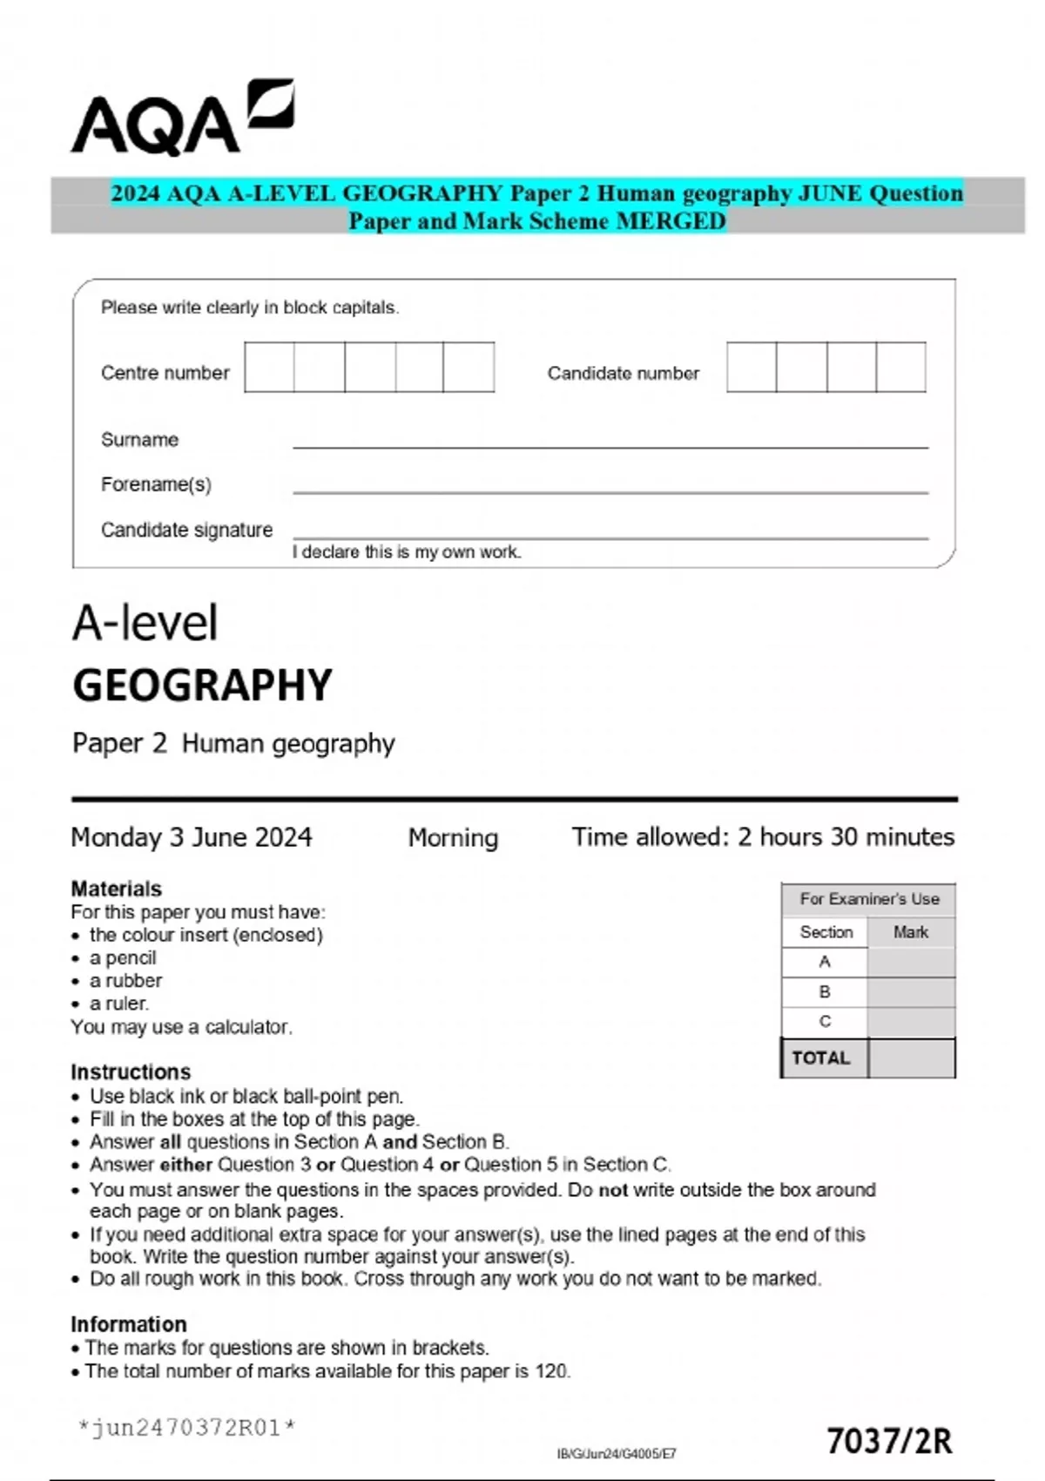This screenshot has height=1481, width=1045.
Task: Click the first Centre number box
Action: click(x=269, y=368)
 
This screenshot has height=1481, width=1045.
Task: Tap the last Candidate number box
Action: click(x=900, y=368)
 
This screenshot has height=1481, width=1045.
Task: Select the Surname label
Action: click(x=139, y=440)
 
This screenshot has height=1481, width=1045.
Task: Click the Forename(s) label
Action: click(x=156, y=484)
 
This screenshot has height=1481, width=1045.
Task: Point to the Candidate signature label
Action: click(x=186, y=530)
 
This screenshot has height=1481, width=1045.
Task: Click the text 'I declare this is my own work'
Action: click(x=407, y=552)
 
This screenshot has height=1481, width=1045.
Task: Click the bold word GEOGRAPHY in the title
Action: click(x=202, y=686)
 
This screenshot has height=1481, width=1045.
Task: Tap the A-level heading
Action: click(x=145, y=624)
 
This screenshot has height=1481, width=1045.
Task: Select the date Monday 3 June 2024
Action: click(x=191, y=837)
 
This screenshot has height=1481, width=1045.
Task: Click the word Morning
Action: click(x=453, y=838)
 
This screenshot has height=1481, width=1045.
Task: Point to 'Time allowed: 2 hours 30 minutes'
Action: click(x=763, y=837)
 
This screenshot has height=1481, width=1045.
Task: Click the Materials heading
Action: click(x=116, y=889)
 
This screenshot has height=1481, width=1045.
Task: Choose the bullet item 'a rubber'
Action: click(x=125, y=981)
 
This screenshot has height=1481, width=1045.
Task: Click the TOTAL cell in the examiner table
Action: click(x=821, y=1058)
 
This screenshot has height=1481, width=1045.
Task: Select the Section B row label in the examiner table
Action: click(x=825, y=992)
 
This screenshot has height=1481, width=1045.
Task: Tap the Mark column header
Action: click(x=911, y=932)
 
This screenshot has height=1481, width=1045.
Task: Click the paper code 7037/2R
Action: click(x=889, y=1442)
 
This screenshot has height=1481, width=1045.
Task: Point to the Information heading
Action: click(x=128, y=1324)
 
